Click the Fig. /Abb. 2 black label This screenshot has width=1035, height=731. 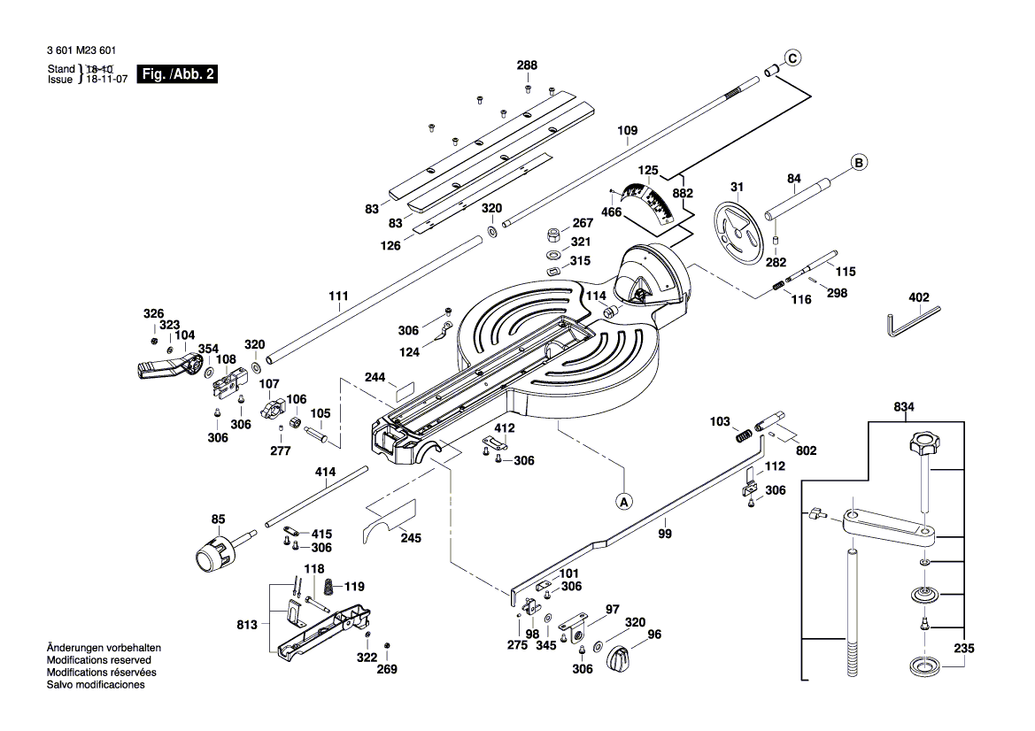pos(180,74)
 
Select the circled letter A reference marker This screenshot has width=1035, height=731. pos(623,501)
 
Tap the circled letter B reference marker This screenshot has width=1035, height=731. pos(858,163)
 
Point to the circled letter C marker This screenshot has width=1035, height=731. pos(792,58)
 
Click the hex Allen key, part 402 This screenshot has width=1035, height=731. pos(912,319)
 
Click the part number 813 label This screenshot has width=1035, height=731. pos(248,625)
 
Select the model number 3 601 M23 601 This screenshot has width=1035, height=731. pos(81,52)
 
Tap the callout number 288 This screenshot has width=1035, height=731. pos(528,65)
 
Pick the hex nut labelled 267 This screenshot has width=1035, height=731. pos(550,235)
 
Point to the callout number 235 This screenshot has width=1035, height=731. pos(963,649)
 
